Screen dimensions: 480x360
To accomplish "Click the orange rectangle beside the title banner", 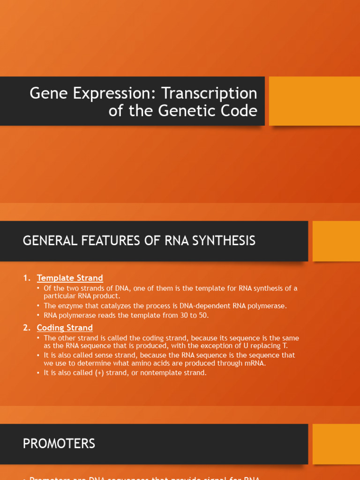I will coord(314,101).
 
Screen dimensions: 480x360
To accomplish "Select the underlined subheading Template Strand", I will coord(70,278).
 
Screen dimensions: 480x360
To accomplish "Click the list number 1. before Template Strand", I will coord(27,278).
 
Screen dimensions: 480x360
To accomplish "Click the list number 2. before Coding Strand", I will coord(27,328).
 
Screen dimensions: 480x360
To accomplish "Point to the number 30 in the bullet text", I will coord(184,315).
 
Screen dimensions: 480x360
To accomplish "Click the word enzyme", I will coord(72,306).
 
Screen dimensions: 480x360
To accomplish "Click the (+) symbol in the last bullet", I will coord(100,373).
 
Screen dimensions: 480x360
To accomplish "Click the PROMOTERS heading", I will coord(59,443).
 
